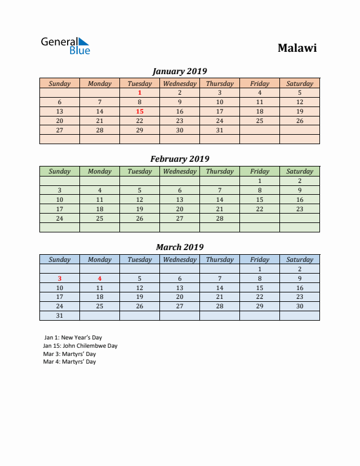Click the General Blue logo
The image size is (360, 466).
(x=65, y=46)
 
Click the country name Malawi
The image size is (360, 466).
(x=297, y=48)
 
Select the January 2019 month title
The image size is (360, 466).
(x=179, y=71)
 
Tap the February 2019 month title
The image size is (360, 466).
(x=179, y=159)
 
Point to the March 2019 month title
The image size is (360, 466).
(x=179, y=247)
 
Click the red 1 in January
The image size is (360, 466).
(x=139, y=92)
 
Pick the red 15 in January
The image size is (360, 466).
(x=139, y=111)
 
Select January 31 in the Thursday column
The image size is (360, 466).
(x=219, y=130)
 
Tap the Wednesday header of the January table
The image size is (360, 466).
(x=179, y=84)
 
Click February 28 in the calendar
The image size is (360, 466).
(x=219, y=218)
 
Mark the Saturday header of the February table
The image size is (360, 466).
(x=299, y=171)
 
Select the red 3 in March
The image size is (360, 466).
(x=59, y=278)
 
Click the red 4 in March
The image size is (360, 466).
(x=99, y=278)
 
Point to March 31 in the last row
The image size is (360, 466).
(x=59, y=316)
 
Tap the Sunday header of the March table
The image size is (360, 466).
(x=59, y=259)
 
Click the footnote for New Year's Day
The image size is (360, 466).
(x=72, y=338)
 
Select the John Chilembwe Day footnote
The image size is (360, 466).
(x=80, y=346)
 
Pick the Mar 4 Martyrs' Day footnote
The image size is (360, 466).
(x=69, y=362)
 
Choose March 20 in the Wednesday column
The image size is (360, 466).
(x=179, y=297)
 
